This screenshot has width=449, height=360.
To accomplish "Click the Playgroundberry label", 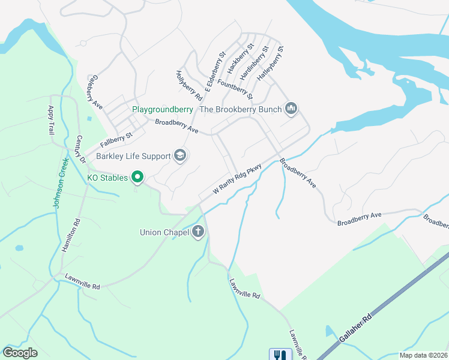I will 163,109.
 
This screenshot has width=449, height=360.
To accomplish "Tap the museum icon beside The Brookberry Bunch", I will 292,108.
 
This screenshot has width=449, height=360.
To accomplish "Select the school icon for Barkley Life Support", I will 179,156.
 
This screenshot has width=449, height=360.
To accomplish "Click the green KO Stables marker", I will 137,176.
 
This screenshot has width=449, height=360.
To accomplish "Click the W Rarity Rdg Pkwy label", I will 238,179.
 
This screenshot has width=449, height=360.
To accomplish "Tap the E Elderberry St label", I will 214,71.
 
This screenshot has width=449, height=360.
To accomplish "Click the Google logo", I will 20,353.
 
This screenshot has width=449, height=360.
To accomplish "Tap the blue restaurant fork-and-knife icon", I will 279,355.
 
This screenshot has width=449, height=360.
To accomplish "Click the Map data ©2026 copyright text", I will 423,355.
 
